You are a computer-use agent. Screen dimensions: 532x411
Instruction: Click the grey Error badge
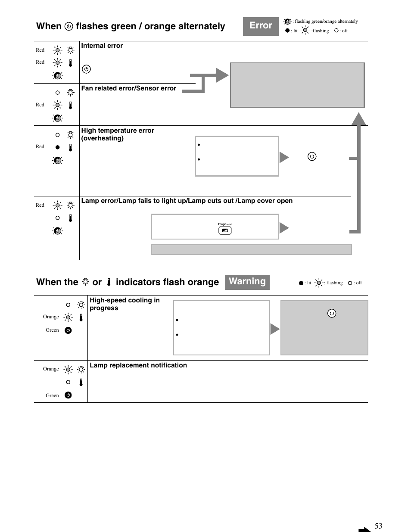coord(261,26)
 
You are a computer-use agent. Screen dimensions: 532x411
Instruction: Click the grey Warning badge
coord(247,282)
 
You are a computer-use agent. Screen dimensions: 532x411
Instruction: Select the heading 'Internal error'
coord(102,46)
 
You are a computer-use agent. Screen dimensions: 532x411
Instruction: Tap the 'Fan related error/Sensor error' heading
coord(129,88)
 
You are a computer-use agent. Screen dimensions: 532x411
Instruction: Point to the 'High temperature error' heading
coord(118,131)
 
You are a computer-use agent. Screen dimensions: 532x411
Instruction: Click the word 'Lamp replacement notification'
coord(138,365)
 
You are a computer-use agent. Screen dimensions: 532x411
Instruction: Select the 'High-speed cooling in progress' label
coord(125,304)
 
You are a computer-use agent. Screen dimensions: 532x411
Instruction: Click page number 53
coord(378,526)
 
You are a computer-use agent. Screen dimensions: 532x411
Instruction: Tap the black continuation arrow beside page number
coord(364,529)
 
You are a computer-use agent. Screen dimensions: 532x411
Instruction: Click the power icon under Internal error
coord(86,69)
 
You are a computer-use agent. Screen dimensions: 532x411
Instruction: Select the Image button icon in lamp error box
coord(225,230)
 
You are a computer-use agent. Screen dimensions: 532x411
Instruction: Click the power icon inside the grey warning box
coord(332,313)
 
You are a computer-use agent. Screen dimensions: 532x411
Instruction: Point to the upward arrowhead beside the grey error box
coord(359,119)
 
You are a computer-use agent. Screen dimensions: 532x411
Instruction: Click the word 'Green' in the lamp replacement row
coord(52,395)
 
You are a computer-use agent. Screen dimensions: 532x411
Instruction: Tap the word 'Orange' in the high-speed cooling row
coord(51,317)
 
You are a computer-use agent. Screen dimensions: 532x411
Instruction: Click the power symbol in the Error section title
coord(68,27)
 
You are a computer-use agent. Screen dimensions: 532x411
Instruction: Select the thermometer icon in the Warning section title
coord(109,282)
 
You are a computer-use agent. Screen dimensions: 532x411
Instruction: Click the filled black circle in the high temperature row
coord(57,147)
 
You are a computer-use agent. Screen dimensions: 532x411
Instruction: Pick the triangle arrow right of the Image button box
coord(284,228)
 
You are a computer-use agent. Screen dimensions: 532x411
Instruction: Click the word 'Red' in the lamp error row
coord(40,205)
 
